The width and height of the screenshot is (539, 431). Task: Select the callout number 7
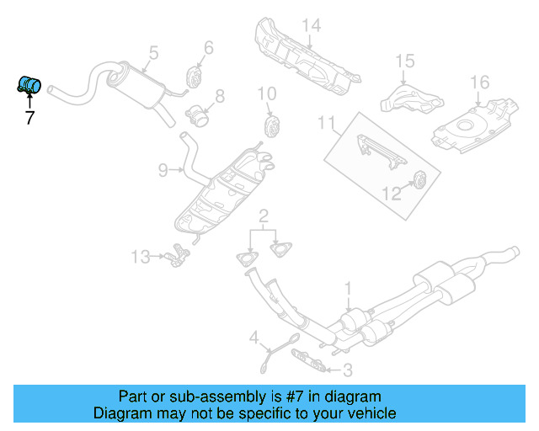click(29, 118)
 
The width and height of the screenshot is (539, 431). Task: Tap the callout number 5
click(152, 54)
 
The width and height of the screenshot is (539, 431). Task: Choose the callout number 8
click(218, 96)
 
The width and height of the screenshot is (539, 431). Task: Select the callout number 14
click(312, 26)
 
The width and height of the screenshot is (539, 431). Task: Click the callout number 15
click(405, 61)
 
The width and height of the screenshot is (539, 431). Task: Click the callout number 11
click(326, 125)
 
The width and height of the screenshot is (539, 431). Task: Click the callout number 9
click(163, 171)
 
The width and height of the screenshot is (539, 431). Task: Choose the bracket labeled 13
click(175, 253)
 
